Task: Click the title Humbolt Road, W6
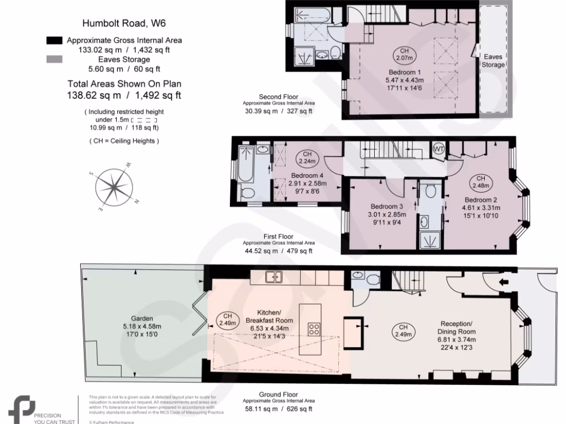pos(124,23)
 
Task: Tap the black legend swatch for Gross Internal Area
pos(55,40)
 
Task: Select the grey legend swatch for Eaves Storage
pos(55,59)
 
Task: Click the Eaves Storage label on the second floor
pos(493,61)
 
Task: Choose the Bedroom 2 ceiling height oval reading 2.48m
pos(481,182)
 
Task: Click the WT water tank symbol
pos(439,149)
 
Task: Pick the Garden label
pos(141,319)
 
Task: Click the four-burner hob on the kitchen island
pos(314,329)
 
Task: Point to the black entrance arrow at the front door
pos(504,282)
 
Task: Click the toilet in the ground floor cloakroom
pos(374,279)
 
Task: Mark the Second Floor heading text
pos(279,97)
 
